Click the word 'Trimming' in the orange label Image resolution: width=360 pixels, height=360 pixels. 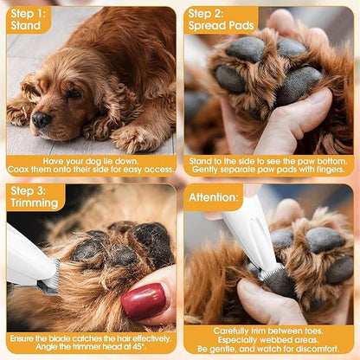point(32,203)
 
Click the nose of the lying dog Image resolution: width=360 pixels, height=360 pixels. point(41,119)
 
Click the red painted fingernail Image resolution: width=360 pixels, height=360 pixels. point(143,300)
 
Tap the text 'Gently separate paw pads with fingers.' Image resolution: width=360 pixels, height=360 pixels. point(270,170)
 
